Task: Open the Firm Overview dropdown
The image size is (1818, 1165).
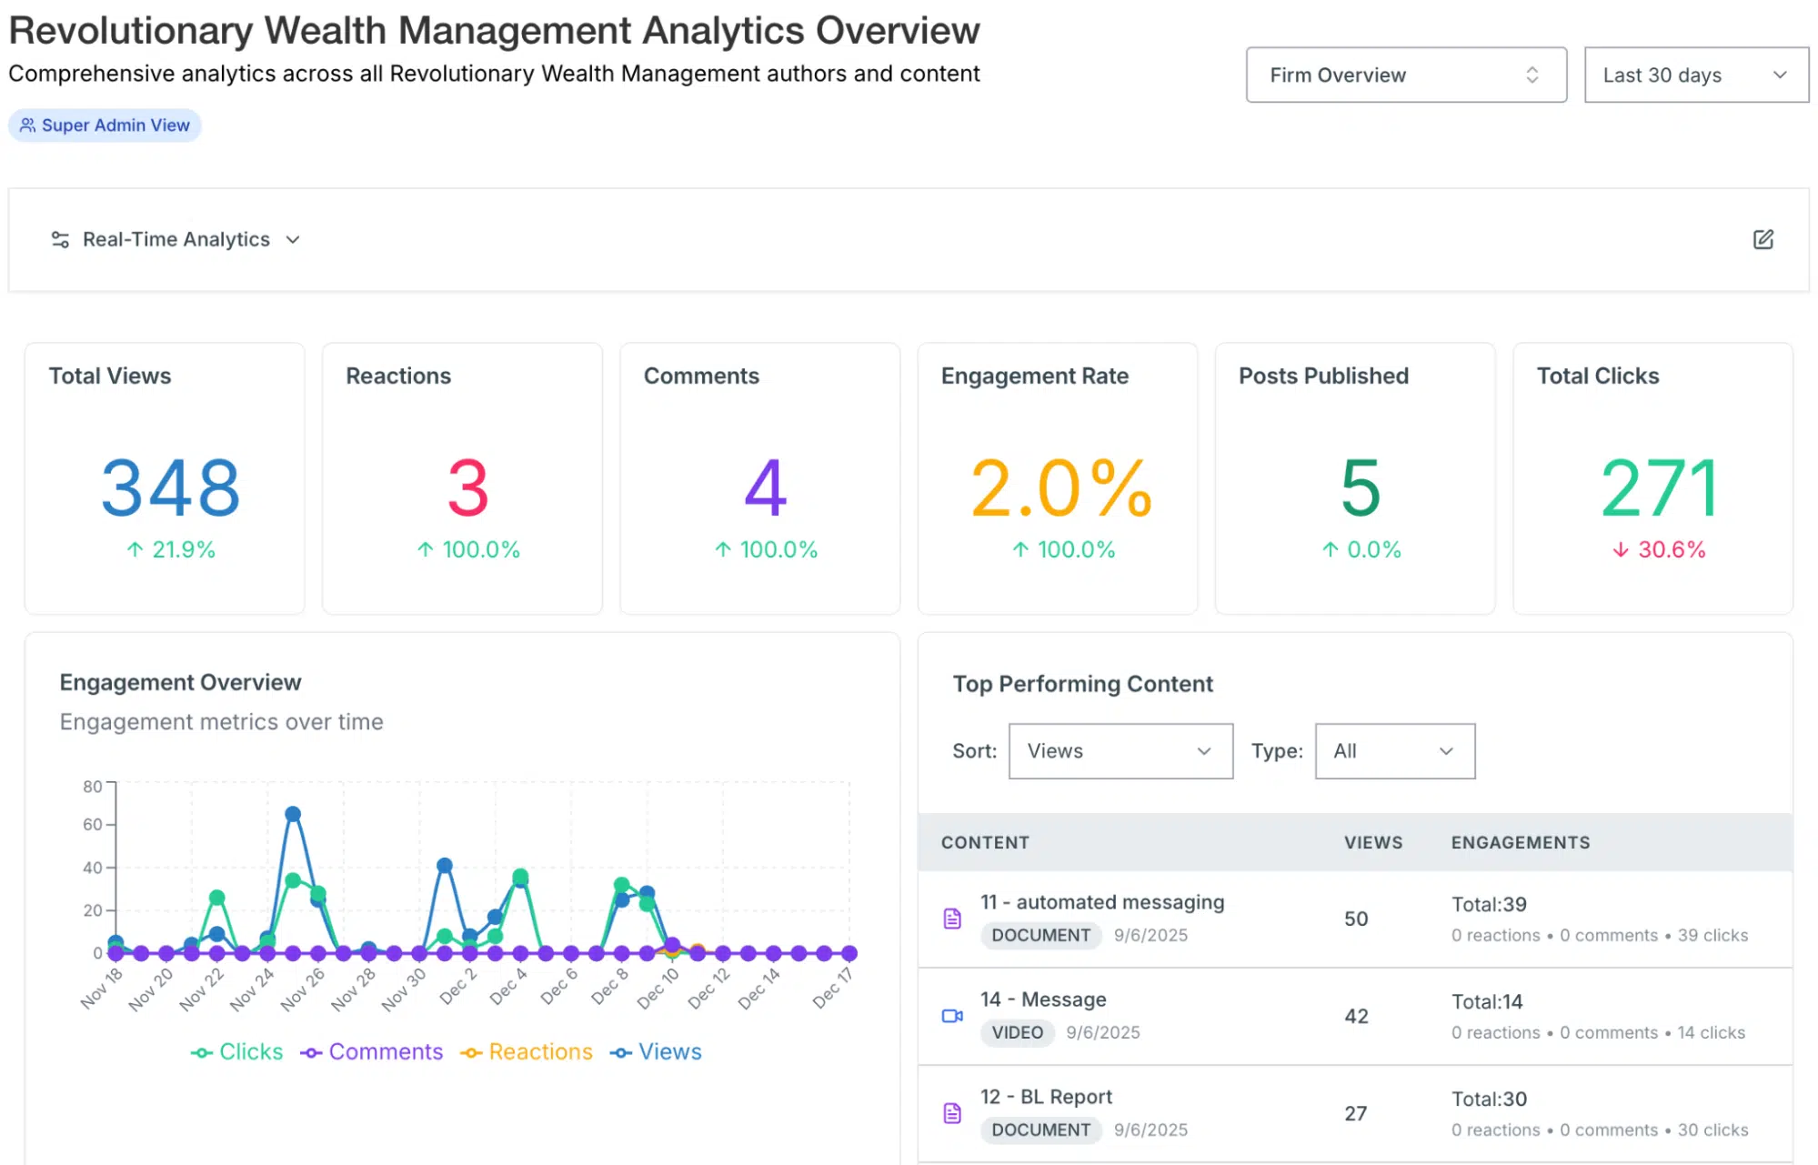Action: pyautogui.click(x=1405, y=75)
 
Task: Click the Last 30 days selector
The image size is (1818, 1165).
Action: pyautogui.click(x=1695, y=75)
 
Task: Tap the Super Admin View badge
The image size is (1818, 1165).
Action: pyautogui.click(x=105, y=126)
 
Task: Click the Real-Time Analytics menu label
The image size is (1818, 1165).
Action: pyautogui.click(x=176, y=239)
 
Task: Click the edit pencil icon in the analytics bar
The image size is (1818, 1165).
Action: pyautogui.click(x=1763, y=239)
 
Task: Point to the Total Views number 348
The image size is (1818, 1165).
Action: pyautogui.click(x=170, y=488)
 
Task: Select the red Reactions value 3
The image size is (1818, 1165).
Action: pyautogui.click(x=467, y=488)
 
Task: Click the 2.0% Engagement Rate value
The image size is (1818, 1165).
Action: pyautogui.click(x=1060, y=488)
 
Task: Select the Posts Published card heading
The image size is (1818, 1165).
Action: pyautogui.click(x=1322, y=376)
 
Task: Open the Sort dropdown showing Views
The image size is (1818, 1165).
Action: pyautogui.click(x=1120, y=751)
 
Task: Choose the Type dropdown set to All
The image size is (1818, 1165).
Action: pyautogui.click(x=1393, y=751)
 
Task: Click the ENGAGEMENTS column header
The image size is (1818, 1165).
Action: pyautogui.click(x=1520, y=843)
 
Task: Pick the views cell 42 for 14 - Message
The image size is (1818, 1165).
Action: pyautogui.click(x=1355, y=1016)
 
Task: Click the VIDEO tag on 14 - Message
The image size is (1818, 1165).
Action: pyautogui.click(x=1017, y=1032)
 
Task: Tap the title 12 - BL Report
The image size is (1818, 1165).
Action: pyautogui.click(x=1046, y=1097)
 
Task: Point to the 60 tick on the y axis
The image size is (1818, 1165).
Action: pyautogui.click(x=93, y=825)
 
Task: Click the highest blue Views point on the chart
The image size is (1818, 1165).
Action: pyautogui.click(x=293, y=814)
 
